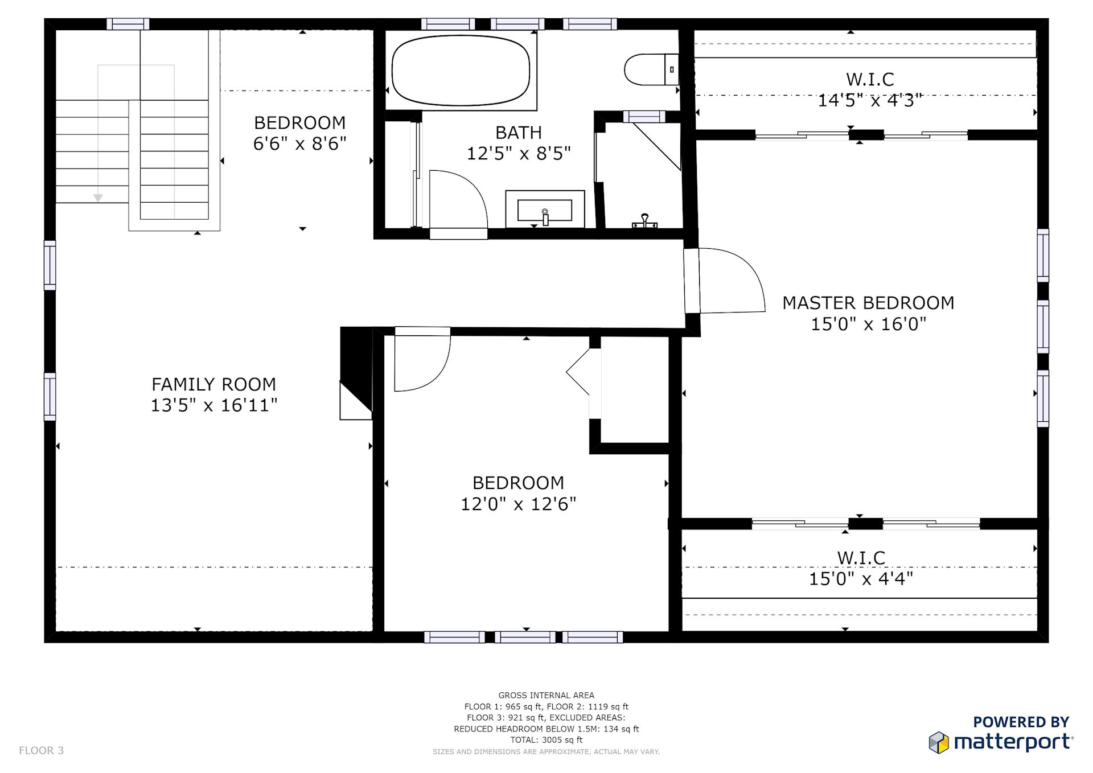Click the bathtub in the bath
pos(461,71)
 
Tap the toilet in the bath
pos(651,69)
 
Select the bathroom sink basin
pos(545,210)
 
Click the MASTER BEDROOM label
pos(868,303)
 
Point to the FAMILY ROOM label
pos(213,384)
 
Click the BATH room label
pos(518,133)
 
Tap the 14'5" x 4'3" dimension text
pos(869,101)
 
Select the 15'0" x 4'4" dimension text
pos(861,579)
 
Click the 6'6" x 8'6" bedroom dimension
pos(299,143)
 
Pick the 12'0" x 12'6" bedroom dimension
pos(518,504)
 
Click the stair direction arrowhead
pos(98,198)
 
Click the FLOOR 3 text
pos(41,750)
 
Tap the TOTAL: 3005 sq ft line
pos(546,740)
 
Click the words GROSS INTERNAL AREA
pos(546,695)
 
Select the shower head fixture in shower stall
pos(644,221)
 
